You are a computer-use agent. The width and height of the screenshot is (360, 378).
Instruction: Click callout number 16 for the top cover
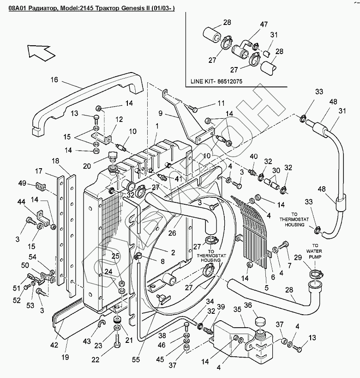click(54, 80)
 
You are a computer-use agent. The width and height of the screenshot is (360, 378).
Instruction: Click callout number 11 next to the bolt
click(221, 103)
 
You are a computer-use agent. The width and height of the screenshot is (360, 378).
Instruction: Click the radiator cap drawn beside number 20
click(111, 155)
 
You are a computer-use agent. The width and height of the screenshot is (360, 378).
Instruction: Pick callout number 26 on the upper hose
click(172, 233)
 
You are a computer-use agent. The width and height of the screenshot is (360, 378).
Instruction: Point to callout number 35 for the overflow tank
click(238, 309)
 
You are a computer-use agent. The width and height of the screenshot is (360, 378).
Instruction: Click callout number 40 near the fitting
click(253, 157)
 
